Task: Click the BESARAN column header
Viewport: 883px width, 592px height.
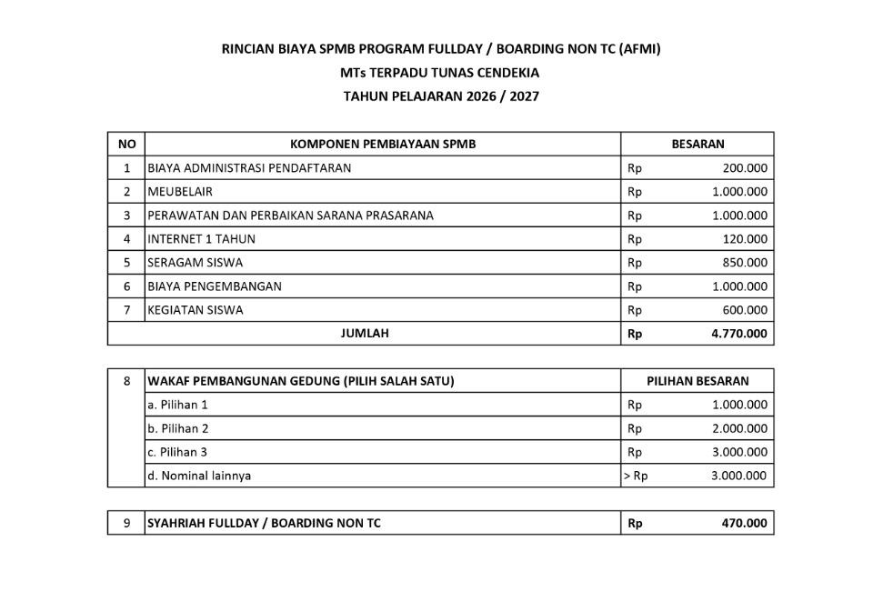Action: pyautogui.click(x=697, y=144)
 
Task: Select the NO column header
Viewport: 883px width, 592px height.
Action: pyautogui.click(x=126, y=144)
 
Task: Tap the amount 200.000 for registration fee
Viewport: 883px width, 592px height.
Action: pyautogui.click(x=745, y=168)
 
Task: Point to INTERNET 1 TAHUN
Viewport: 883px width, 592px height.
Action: pyautogui.click(x=201, y=239)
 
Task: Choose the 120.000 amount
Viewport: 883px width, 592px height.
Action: pyautogui.click(x=745, y=239)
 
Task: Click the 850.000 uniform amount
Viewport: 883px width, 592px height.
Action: pyautogui.click(x=745, y=263)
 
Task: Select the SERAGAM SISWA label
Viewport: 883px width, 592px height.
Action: pyautogui.click(x=196, y=263)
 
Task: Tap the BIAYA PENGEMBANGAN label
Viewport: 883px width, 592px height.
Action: pyautogui.click(x=215, y=286)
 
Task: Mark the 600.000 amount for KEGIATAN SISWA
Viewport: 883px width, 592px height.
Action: pyautogui.click(x=745, y=310)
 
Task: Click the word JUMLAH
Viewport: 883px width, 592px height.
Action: pyautogui.click(x=365, y=334)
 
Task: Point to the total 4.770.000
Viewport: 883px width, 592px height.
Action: pyautogui.click(x=738, y=334)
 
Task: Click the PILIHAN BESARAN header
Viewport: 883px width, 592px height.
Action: pyautogui.click(x=697, y=381)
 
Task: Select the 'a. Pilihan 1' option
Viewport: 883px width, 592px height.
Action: pyautogui.click(x=177, y=405)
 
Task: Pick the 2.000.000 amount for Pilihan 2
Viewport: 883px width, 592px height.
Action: pyautogui.click(x=739, y=428)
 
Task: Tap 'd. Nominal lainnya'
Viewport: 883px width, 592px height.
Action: pyautogui.click(x=199, y=476)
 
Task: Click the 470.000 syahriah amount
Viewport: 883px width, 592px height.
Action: pyautogui.click(x=745, y=523)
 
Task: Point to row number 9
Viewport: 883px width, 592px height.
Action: pyautogui.click(x=126, y=523)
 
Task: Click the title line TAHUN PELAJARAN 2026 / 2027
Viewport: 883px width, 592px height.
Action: pyautogui.click(x=441, y=95)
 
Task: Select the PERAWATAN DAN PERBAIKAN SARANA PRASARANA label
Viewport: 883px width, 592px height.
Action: pyautogui.click(x=290, y=216)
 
